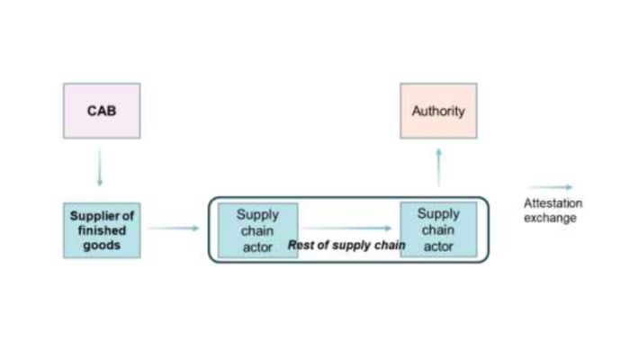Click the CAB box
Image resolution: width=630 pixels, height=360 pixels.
tap(101, 111)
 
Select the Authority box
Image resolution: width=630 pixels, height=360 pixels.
tap(438, 111)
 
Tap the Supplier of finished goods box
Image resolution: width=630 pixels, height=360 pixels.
tap(102, 230)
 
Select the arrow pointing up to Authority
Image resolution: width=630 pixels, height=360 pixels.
tap(438, 166)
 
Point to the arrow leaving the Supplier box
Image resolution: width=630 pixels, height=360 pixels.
tap(173, 228)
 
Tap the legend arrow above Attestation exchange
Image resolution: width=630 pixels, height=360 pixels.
tap(550, 187)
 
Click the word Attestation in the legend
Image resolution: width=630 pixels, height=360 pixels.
tap(553, 203)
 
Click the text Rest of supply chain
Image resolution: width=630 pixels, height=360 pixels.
tap(346, 245)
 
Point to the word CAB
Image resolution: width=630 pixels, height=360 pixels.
tap(101, 112)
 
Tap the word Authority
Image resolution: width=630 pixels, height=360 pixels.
tap(438, 112)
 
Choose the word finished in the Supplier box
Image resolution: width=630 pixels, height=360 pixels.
tap(102, 230)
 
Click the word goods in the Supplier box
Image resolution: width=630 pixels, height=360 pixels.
tap(102, 245)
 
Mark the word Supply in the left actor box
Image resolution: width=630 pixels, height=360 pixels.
tap(258, 215)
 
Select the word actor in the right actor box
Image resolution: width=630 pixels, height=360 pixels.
tap(438, 246)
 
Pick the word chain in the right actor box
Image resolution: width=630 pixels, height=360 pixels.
tap(438, 229)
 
